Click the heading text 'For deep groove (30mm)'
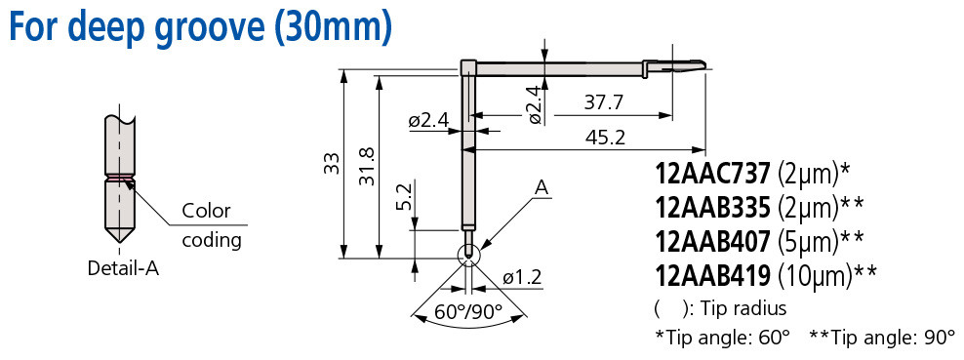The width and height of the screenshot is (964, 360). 200,26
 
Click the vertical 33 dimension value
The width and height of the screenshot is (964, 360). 331,162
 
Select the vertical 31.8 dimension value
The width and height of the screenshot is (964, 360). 367,162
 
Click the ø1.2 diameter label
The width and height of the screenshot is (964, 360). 522,277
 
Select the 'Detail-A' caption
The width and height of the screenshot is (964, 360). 123,268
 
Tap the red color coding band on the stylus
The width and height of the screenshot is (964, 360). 121,178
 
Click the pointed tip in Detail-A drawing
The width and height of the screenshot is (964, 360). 121,239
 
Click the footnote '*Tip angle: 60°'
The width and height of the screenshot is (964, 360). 722,338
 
